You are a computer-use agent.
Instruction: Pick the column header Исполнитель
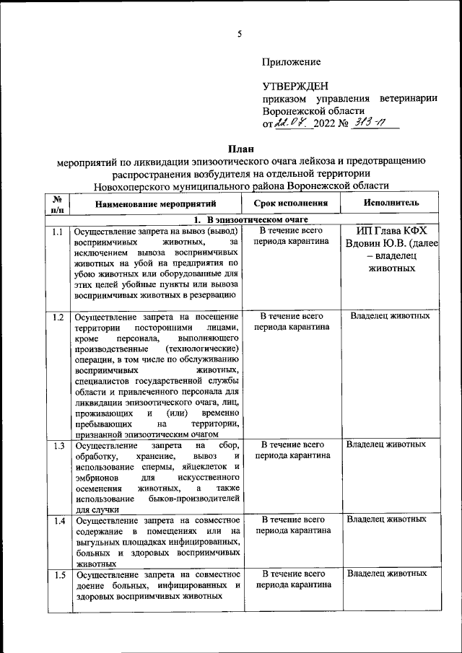(x=389, y=204)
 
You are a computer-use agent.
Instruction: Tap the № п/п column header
(x=58, y=204)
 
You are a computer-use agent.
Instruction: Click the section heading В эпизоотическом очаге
(x=248, y=219)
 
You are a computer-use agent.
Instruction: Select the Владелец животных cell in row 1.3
(x=386, y=444)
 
